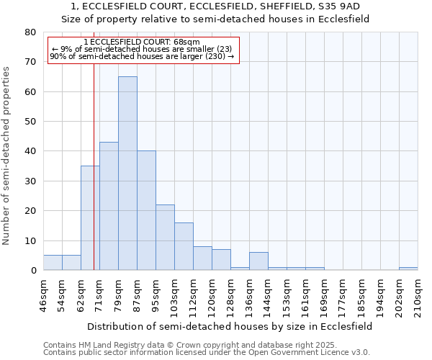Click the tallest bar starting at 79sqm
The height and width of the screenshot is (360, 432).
pos(127,173)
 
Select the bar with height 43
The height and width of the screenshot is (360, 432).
pos(109,206)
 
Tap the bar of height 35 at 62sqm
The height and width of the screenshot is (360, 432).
pos(90,217)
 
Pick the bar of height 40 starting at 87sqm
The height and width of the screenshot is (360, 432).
pos(146,210)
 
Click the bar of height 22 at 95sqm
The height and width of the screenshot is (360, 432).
pos(165,237)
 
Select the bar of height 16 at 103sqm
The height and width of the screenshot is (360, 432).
pos(184,246)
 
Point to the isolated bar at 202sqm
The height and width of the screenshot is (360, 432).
pos(408,269)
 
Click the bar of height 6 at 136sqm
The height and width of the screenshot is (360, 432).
pos(258,261)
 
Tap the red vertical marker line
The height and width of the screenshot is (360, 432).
pos(94,180)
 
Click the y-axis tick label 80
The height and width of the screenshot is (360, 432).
pos(30,32)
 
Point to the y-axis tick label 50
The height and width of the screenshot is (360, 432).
pos(30,122)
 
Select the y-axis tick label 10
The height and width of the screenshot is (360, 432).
pos(30,240)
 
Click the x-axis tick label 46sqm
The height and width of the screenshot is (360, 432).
pos(43,296)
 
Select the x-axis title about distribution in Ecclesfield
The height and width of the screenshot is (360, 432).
pos(230,326)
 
